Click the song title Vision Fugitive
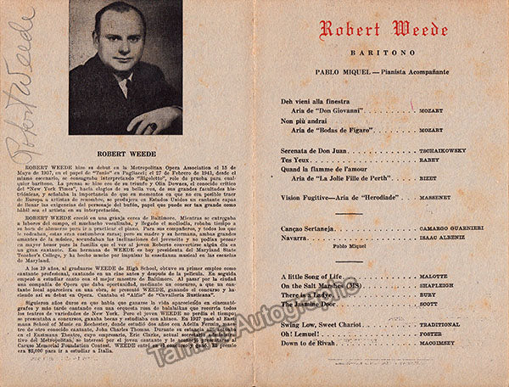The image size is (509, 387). pos(307,197)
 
